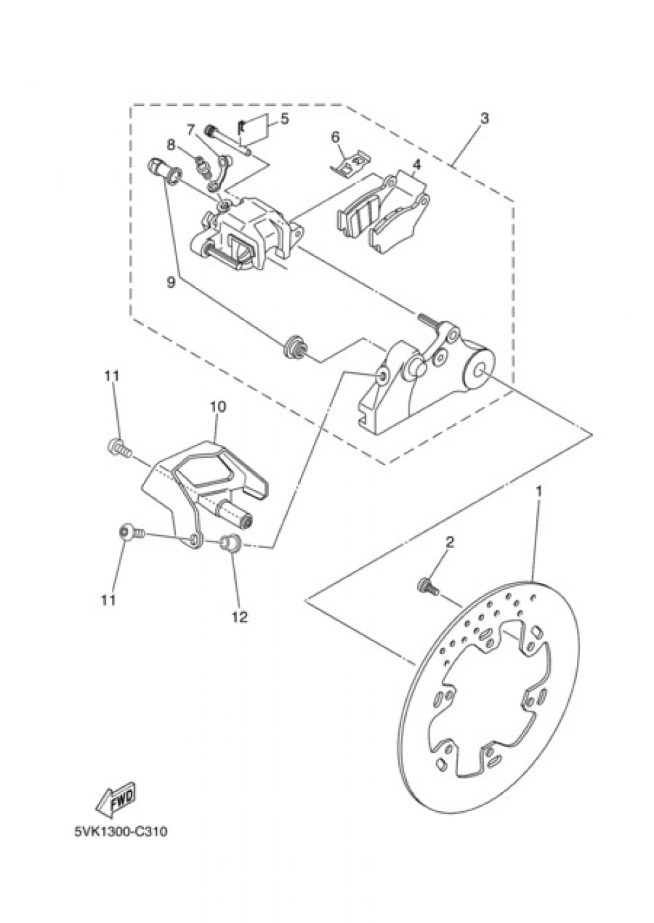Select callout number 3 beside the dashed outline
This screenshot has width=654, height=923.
pyautogui.click(x=485, y=118)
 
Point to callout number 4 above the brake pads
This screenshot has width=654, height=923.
pyautogui.click(x=417, y=165)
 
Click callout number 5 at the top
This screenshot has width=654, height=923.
pyautogui.click(x=284, y=118)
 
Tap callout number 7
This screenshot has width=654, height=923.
pyautogui.click(x=190, y=130)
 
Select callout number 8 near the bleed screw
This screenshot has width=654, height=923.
pyautogui.click(x=171, y=145)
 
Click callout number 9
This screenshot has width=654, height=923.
pyautogui.click(x=171, y=282)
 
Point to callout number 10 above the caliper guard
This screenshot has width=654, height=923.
pyautogui.click(x=218, y=407)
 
